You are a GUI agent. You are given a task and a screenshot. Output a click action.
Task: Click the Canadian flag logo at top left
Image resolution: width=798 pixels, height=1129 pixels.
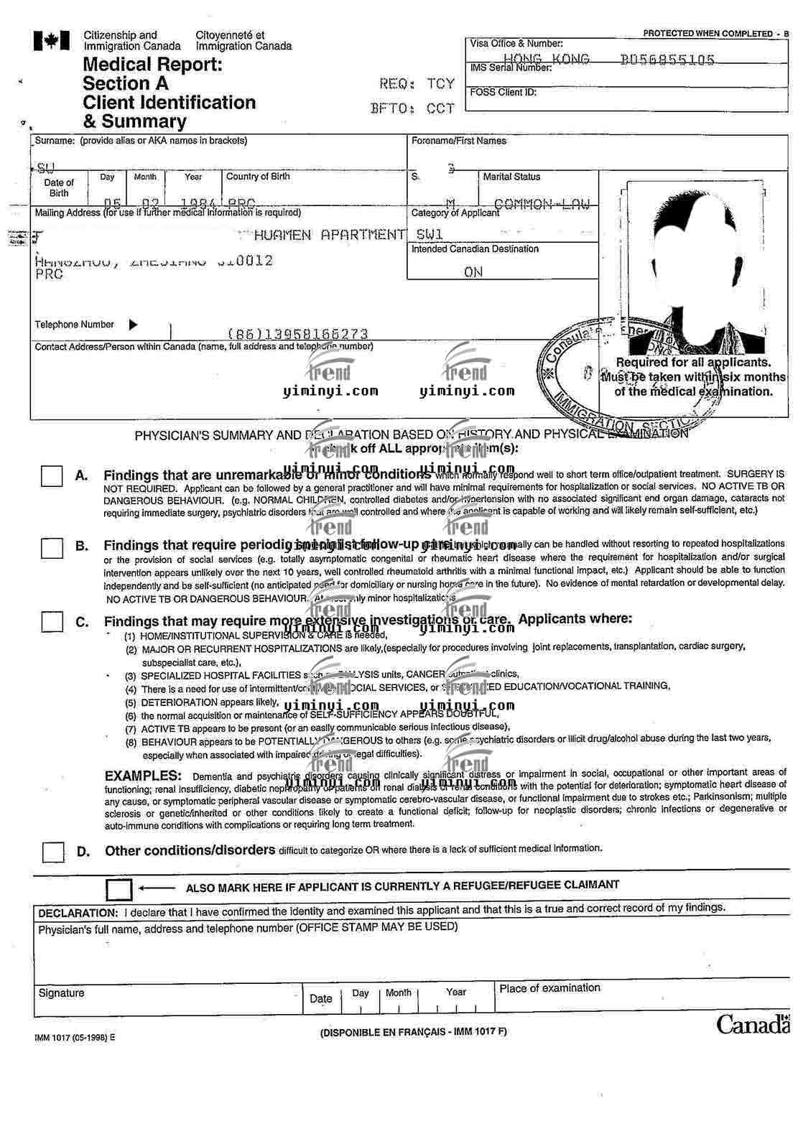51,41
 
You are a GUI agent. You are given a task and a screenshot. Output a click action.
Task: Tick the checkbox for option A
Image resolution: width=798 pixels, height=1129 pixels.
52,475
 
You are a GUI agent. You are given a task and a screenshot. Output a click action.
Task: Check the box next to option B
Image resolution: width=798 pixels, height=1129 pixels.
52,548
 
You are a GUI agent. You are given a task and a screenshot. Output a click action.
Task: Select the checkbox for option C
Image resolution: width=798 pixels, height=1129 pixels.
52,621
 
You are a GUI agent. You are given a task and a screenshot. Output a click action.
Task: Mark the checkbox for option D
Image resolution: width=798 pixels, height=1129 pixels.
52,852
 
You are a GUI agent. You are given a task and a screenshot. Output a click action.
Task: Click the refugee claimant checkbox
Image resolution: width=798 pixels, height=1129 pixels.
119,889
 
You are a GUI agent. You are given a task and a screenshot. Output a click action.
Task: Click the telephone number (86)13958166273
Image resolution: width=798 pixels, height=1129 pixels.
297,334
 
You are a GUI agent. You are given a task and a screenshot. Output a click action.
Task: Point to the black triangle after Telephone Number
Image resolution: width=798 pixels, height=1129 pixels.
133,325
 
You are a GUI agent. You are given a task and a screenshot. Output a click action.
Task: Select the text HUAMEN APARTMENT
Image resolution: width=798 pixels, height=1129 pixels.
330,235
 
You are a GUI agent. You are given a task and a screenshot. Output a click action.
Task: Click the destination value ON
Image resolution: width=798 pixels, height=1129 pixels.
473,272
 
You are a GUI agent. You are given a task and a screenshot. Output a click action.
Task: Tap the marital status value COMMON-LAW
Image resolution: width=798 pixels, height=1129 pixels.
542,205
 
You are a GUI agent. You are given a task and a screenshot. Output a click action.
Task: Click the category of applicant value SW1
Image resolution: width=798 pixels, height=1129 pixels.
430,235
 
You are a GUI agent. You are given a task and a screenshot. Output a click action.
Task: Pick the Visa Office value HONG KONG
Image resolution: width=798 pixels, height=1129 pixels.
546,60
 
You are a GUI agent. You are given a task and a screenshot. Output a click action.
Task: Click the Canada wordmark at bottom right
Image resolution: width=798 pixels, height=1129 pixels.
751,1024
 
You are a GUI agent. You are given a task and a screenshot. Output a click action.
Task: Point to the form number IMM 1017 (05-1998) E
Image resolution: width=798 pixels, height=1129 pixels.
75,1037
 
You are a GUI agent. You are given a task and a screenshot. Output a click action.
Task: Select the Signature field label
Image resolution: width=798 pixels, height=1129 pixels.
61,993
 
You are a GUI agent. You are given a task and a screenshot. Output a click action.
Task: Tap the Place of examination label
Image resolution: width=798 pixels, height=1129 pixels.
549,988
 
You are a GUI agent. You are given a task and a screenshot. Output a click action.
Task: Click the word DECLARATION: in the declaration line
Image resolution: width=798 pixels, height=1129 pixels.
78,914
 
